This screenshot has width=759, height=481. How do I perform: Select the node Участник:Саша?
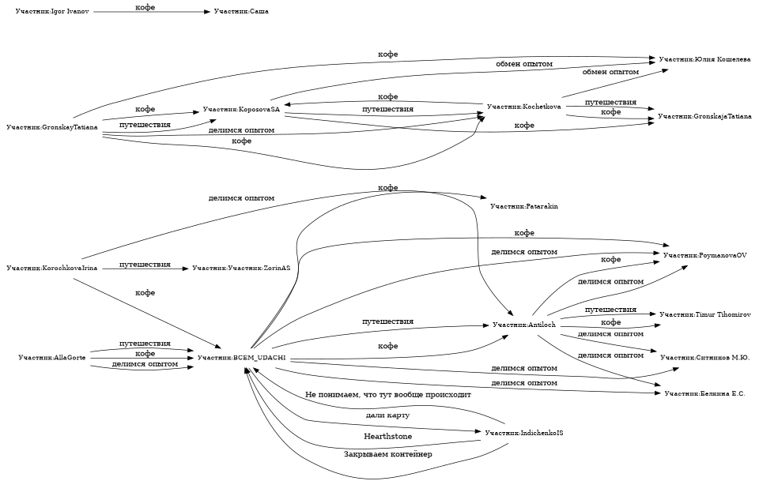click(236, 13)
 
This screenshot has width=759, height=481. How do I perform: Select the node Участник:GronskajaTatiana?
click(704, 116)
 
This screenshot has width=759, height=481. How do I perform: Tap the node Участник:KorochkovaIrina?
click(51, 269)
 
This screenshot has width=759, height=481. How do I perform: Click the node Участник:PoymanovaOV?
click(705, 255)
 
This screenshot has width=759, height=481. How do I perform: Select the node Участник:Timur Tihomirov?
click(704, 314)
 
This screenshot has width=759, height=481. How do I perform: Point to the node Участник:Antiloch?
click(523, 325)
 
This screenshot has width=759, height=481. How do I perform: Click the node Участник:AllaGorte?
click(52, 358)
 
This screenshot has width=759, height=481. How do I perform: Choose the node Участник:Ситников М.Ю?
click(704, 358)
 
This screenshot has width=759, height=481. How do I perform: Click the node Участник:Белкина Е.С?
click(704, 393)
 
